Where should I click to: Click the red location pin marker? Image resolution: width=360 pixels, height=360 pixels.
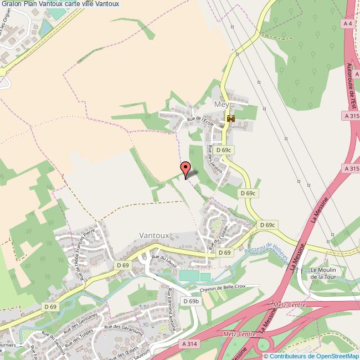tap(186, 168)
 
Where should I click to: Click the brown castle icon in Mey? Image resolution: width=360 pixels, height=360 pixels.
tap(231, 119)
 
